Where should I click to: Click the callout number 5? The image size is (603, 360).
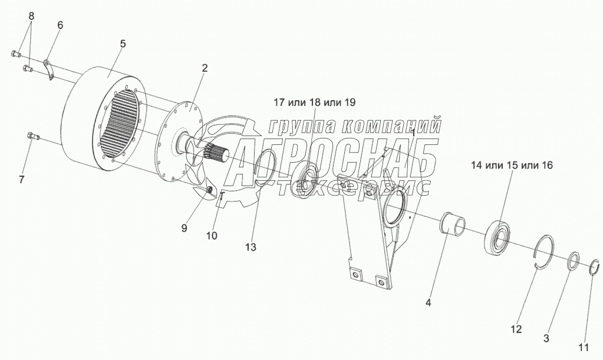(x=123, y=45)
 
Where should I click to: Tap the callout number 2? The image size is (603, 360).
(x=204, y=68)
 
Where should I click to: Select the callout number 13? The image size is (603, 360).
(x=251, y=247)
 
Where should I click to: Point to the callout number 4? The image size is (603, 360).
(x=429, y=303)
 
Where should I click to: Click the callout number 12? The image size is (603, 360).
(x=516, y=329)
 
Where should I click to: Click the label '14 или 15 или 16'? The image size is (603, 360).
(x=512, y=166)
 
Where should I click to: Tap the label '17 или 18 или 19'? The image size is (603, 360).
(x=314, y=103)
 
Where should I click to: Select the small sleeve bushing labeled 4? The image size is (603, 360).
(x=454, y=224)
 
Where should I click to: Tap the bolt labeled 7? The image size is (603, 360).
(x=33, y=137)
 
